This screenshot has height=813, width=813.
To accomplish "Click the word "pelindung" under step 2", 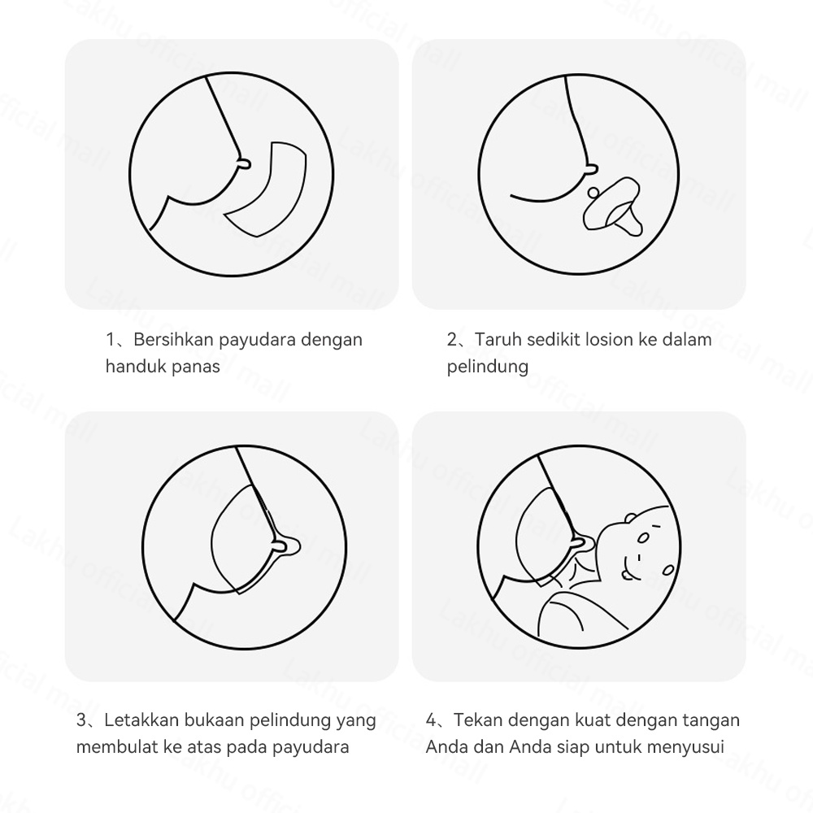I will click(487, 366).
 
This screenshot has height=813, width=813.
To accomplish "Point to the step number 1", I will click(111, 339).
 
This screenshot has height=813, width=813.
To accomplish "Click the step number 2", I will click(452, 339).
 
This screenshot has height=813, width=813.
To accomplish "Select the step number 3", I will click(81, 720).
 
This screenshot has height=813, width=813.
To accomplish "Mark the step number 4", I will click(431, 720).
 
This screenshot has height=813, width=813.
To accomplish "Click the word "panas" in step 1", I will click(195, 366).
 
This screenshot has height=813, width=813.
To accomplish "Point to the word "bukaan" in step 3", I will click(212, 720).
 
